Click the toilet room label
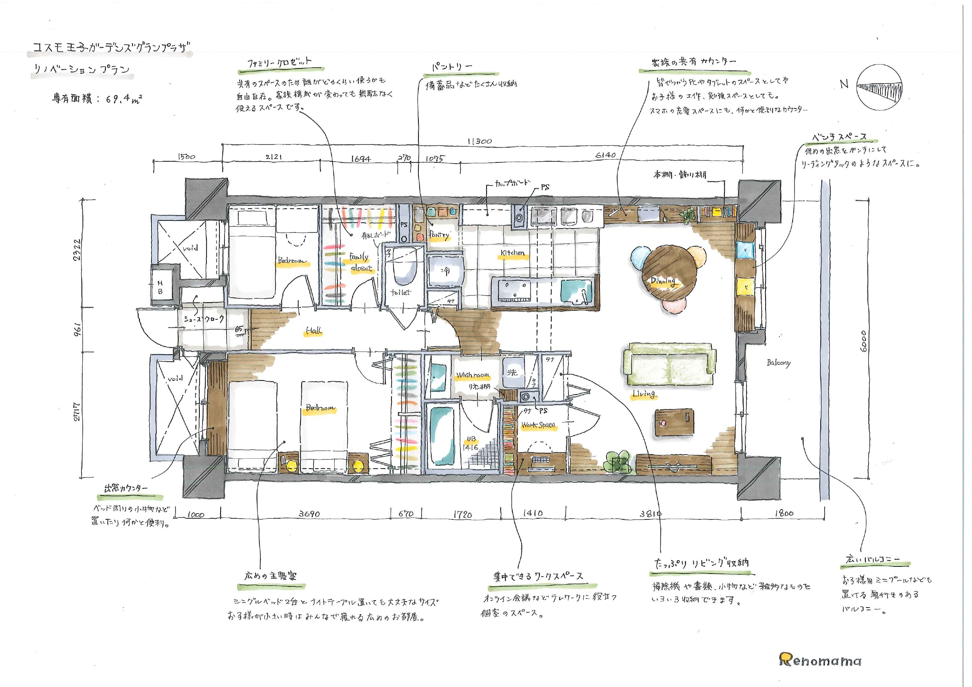tap(400, 292)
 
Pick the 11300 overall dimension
tap(479, 141)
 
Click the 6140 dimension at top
tap(605, 155)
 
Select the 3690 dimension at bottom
tap(309, 514)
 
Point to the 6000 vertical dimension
tap(863, 341)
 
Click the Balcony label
tap(778, 362)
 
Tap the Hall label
tap(314, 331)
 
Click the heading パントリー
tap(452, 67)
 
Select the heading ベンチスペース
tap(839, 137)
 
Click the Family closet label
tap(360, 262)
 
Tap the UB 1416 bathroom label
tap(471, 443)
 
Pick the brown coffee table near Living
tap(674, 421)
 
